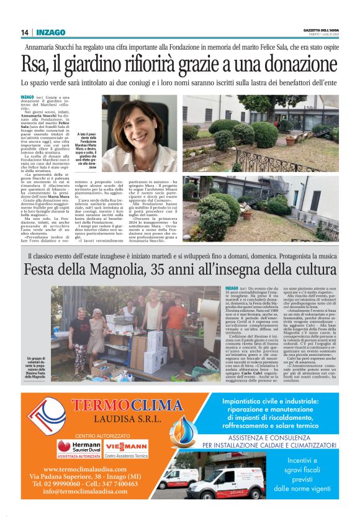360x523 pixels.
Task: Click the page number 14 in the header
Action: pos(25,32)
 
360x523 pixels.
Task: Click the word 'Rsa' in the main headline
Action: pos(34,64)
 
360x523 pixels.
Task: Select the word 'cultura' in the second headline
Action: pos(308,271)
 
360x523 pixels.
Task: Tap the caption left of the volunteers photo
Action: pos(38,368)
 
